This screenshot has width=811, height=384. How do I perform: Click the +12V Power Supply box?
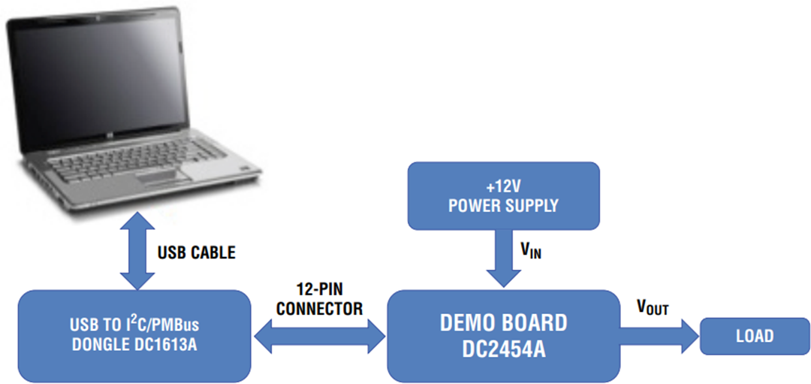tap(503, 195)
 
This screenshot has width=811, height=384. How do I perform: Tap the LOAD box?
tap(754, 336)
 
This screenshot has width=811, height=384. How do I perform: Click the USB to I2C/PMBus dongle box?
tap(134, 336)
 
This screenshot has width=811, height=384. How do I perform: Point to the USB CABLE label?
tap(196, 252)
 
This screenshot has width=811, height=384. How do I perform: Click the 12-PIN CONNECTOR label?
tap(319, 299)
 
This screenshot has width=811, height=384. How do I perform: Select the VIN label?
tap(531, 252)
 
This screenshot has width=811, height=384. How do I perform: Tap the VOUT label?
tap(652, 307)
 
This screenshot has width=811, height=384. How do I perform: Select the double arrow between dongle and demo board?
tap(319, 336)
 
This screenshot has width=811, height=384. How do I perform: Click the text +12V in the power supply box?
tap(503, 186)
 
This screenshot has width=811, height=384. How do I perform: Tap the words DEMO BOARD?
tap(503, 323)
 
